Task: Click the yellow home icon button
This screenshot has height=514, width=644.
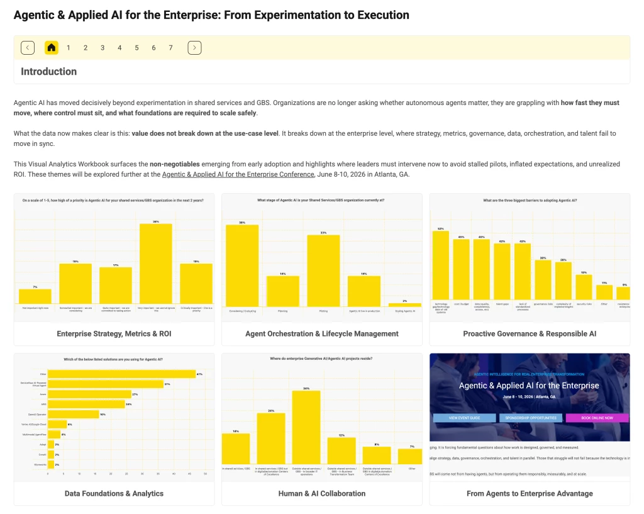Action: [52, 47]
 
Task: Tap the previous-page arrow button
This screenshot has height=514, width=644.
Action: [28, 47]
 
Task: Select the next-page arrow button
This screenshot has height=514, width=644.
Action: [194, 47]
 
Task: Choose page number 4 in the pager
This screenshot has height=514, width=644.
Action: [119, 47]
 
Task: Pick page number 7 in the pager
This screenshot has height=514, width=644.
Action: [170, 47]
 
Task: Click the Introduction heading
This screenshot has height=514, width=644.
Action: [48, 72]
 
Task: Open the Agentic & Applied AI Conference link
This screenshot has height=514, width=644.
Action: [238, 174]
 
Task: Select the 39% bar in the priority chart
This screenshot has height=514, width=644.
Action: [155, 264]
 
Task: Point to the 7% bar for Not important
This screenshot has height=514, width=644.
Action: [35, 297]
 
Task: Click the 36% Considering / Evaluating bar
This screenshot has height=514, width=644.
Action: [242, 265]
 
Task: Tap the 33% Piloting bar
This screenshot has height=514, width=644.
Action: [323, 271]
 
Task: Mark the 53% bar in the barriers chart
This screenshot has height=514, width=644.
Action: [440, 267]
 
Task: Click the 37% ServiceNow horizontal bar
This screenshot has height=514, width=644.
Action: [106, 384]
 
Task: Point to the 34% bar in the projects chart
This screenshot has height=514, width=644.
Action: [306, 428]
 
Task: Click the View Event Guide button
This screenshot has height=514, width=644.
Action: [464, 418]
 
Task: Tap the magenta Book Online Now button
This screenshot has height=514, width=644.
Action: [597, 418]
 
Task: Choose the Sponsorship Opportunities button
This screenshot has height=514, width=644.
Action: [530, 418]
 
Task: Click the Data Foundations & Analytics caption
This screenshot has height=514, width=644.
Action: [114, 494]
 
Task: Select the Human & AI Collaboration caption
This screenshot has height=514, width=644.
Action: [322, 494]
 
